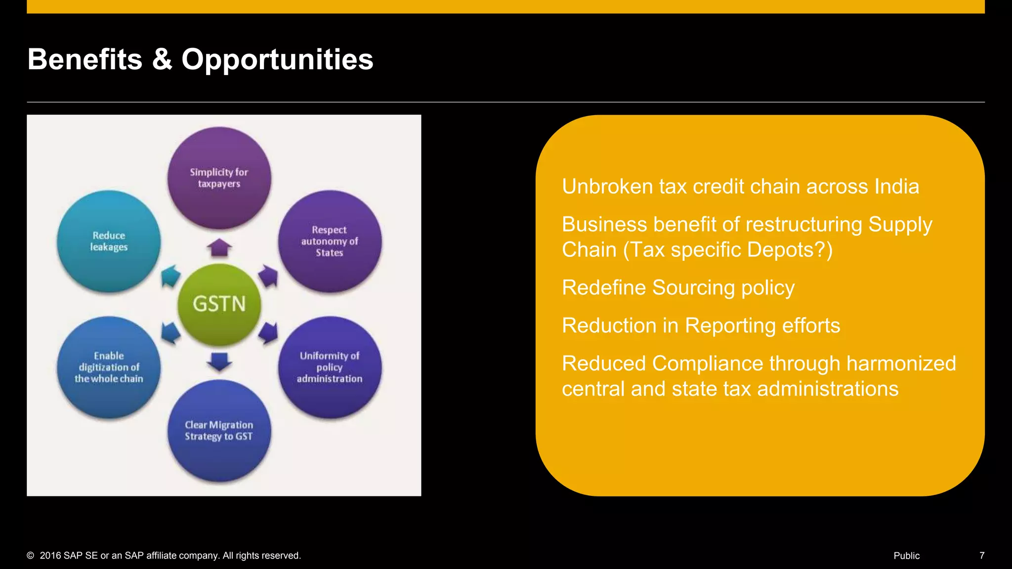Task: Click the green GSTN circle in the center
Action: point(219,303)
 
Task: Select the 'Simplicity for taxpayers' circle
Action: point(219,178)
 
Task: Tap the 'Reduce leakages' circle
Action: point(109,241)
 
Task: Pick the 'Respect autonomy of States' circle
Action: point(330,241)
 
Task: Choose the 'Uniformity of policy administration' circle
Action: point(330,367)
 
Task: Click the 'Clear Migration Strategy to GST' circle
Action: point(219,430)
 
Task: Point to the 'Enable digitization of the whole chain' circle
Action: point(109,367)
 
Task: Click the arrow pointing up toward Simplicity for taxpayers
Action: point(219,247)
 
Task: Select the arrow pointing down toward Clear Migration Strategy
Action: point(219,361)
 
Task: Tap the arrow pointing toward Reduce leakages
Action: point(170,276)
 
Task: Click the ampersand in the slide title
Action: point(162,59)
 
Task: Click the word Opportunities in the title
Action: point(277,59)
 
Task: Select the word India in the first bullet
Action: point(896,187)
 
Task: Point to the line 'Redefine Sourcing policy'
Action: point(678,287)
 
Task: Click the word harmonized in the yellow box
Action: point(901,364)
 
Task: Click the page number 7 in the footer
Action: point(981,556)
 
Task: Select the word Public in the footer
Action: point(906,556)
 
